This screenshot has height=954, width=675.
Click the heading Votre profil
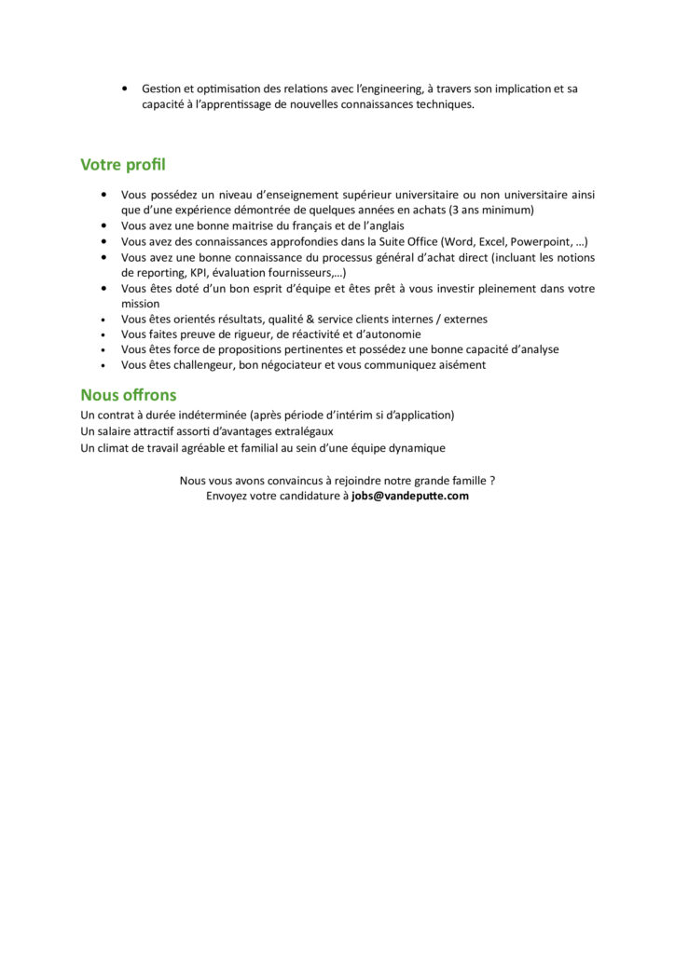[x=123, y=165]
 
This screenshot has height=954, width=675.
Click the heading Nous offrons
[x=128, y=394]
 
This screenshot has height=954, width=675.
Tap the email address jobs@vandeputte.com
[x=410, y=496]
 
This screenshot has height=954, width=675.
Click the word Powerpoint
[x=538, y=241]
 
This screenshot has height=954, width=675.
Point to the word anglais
[x=381, y=225]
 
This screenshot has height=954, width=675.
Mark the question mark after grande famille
[x=492, y=481]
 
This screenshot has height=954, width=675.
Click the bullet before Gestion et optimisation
[x=125, y=89]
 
